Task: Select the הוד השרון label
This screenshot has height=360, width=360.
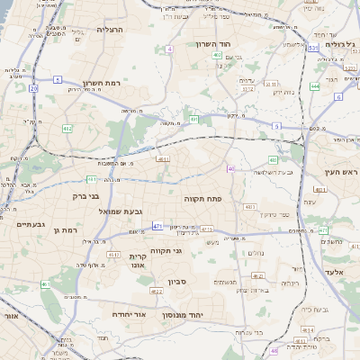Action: click(x=214, y=43)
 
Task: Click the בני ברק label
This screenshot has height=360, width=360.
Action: click(x=74, y=195)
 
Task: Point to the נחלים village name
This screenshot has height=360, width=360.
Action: click(x=256, y=253)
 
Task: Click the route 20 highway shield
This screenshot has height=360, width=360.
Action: click(x=33, y=89)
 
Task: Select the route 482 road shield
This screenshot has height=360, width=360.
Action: click(x=67, y=129)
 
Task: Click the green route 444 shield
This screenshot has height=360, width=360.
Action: click(x=314, y=86)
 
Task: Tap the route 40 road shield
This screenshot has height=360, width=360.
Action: click(x=230, y=168)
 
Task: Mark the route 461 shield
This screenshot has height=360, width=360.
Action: click(x=45, y=284)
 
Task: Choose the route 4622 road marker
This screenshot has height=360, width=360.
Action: click(x=157, y=292)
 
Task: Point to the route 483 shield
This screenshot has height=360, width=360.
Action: click(x=273, y=160)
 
